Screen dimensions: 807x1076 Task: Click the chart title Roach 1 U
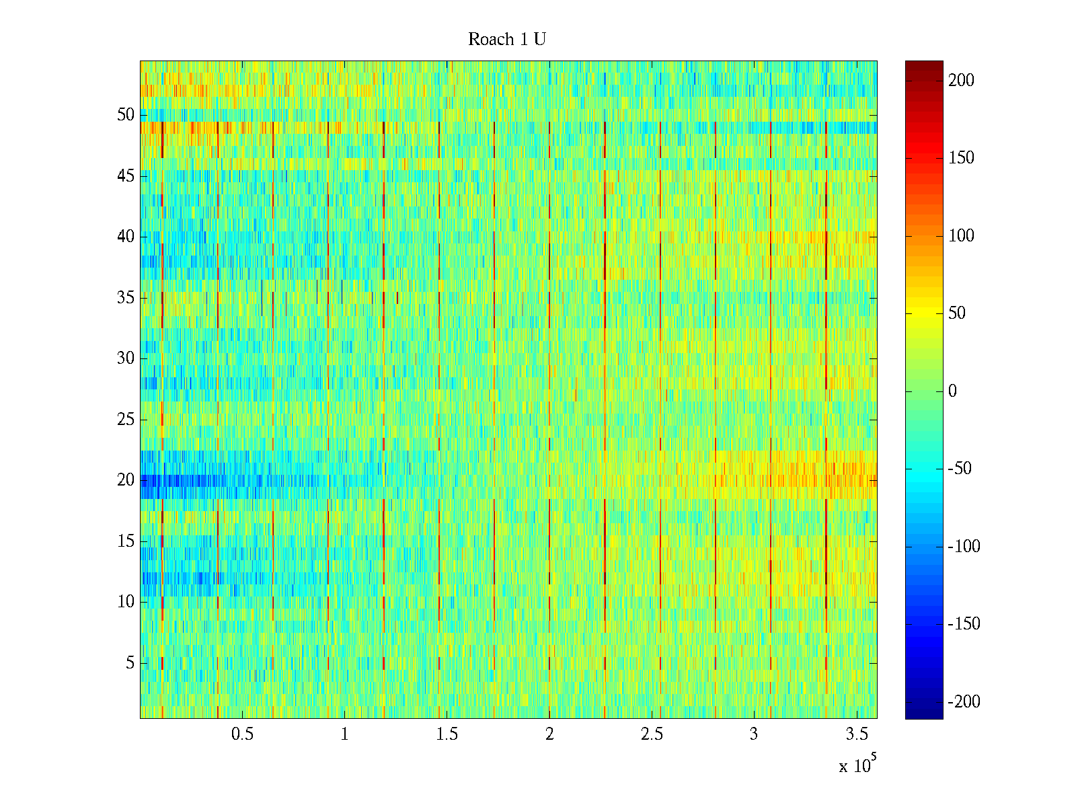tap(506, 40)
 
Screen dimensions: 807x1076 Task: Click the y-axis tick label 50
tap(126, 115)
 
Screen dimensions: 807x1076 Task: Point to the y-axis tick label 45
tap(126, 176)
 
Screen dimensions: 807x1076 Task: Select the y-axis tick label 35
tap(126, 298)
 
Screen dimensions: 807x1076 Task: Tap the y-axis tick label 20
tap(126, 480)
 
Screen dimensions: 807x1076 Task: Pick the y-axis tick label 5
tap(130, 663)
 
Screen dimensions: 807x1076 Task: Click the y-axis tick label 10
tap(126, 602)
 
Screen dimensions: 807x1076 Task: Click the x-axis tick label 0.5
tap(242, 734)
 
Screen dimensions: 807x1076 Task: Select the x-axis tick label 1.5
tap(447, 734)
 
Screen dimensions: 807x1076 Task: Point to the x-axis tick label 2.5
tap(652, 734)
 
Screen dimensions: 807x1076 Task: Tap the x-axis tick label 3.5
tap(856, 734)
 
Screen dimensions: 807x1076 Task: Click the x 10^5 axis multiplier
tap(857, 765)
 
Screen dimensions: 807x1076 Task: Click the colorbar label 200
tap(961, 81)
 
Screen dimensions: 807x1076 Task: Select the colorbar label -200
tap(964, 702)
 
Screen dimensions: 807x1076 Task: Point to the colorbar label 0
tap(952, 391)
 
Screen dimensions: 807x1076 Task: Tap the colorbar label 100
tap(961, 236)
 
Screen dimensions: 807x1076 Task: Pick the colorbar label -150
tap(964, 624)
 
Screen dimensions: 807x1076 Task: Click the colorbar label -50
tap(960, 469)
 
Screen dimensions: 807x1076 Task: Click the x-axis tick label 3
tap(754, 734)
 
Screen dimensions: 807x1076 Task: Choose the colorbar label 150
tap(961, 158)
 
